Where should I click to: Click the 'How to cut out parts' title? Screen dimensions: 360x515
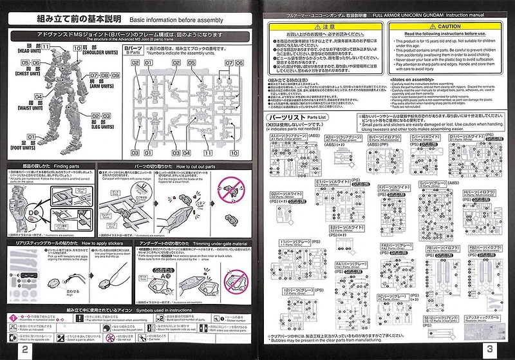(196, 166)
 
